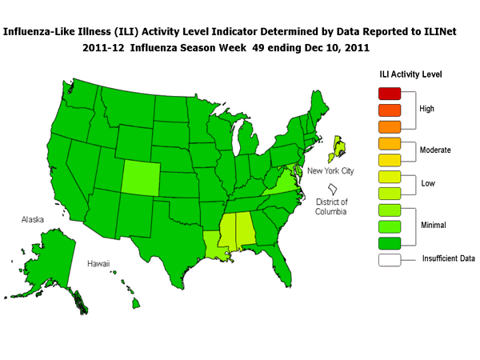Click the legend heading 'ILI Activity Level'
point(411,74)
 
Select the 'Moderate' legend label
point(436,150)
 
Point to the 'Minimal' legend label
point(434,226)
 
